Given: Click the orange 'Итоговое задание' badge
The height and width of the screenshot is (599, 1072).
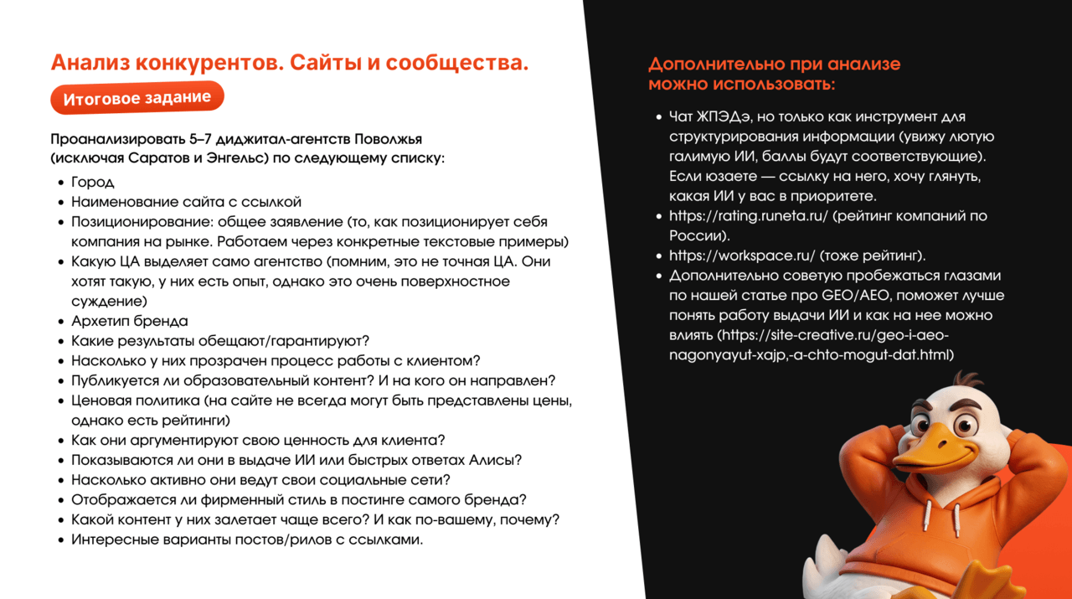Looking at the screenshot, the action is point(137,98).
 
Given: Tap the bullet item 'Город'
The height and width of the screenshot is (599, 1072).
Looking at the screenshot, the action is point(93,182).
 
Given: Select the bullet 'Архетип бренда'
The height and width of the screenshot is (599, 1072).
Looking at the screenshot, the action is point(130,321).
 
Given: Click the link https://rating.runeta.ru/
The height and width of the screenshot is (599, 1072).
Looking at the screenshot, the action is point(749,216).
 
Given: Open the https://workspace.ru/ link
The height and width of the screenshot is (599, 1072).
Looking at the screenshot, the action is point(742,256).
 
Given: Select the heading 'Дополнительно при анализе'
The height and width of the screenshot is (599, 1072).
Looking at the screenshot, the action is point(775,64).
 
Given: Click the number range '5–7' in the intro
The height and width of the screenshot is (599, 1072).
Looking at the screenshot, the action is point(200,139).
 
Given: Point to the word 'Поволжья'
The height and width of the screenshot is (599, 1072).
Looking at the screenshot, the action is point(388,139).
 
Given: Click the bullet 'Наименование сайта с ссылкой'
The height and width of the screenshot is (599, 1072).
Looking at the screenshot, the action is point(186,202).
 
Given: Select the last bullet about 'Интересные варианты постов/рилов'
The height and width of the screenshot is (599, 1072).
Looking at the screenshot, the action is point(247,540).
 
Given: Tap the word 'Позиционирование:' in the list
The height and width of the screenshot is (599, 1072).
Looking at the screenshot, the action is point(142,222).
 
